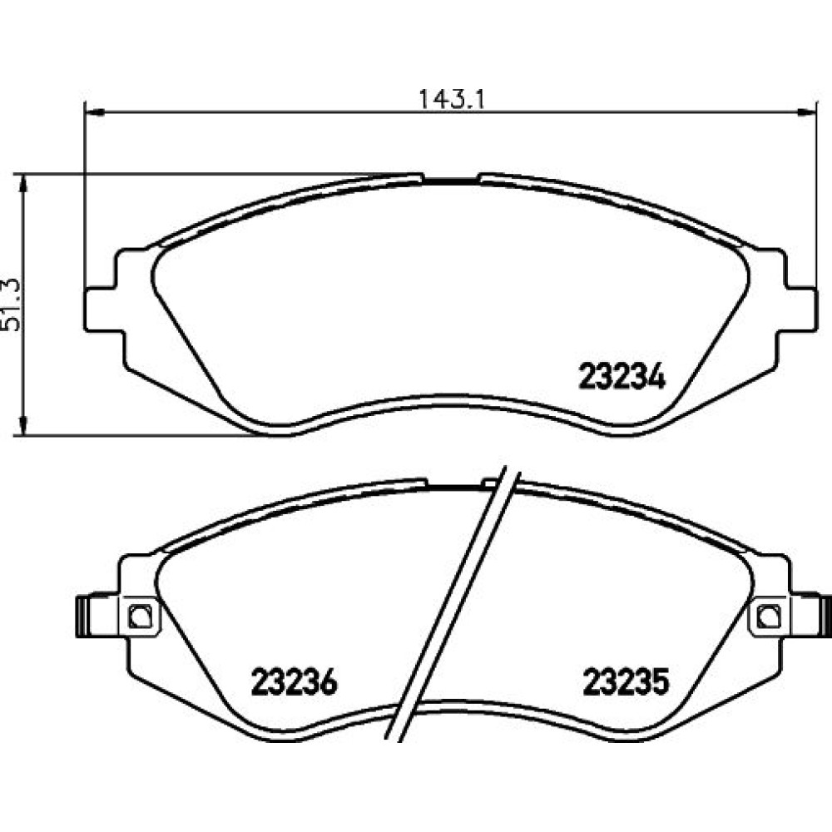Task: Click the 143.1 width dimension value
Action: tap(451, 99)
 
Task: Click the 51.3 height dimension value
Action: tap(11, 305)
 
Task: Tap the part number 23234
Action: tap(622, 376)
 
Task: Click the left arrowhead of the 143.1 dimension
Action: tap(95, 111)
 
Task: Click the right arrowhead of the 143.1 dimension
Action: tap(805, 111)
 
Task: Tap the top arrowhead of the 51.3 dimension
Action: tap(22, 183)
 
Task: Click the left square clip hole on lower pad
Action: tap(140, 617)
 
